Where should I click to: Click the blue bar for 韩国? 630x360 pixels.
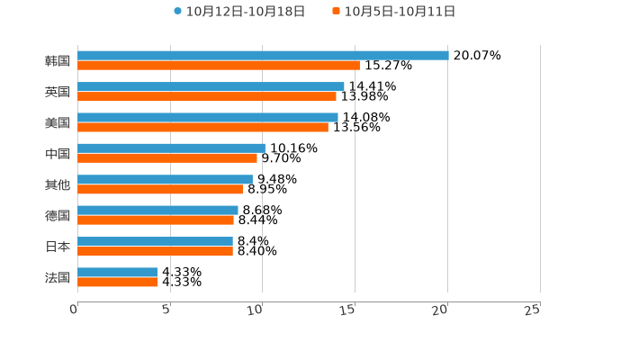263,55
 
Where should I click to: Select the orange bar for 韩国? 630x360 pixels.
219,65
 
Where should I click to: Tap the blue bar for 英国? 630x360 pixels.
211,86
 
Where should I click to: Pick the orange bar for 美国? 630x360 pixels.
202,127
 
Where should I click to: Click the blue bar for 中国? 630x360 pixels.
171,148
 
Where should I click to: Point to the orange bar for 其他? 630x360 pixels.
160,189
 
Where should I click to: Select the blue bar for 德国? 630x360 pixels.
157,210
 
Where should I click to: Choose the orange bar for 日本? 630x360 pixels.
155,251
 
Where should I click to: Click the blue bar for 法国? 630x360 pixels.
118,272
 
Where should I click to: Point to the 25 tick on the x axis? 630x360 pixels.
532,310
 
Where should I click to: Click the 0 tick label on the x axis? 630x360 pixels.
74,310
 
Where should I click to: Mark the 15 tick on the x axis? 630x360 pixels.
348,310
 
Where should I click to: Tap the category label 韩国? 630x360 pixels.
58,60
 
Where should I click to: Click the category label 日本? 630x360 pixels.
58,247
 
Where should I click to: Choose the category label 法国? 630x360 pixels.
58,277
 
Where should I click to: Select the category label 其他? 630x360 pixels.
58,184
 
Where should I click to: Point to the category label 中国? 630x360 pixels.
58,153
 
